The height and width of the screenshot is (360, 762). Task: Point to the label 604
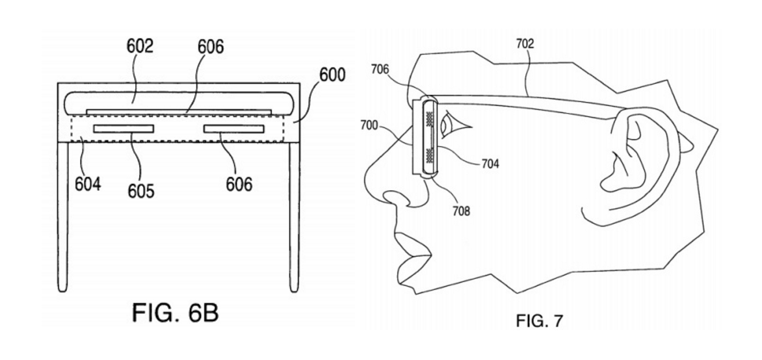[87, 184]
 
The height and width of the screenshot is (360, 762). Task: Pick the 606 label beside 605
[239, 184]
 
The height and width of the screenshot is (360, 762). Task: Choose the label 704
[490, 164]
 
